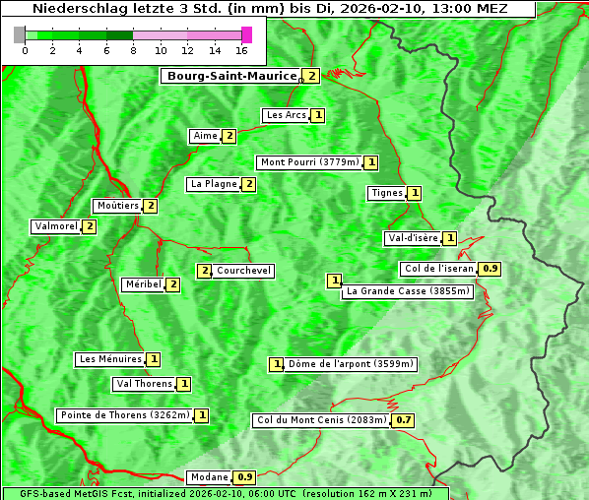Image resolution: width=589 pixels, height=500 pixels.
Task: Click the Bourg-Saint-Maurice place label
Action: [x=231, y=76]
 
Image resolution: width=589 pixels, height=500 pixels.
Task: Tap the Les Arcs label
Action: [x=286, y=115]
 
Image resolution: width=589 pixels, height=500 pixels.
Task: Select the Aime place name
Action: [x=205, y=136]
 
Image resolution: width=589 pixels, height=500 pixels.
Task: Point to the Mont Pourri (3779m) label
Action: [x=309, y=162]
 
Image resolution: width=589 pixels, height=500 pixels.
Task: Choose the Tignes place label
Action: [x=386, y=193]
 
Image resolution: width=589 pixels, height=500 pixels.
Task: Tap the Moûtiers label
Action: [x=117, y=206]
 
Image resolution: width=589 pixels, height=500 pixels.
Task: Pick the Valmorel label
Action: [x=56, y=226]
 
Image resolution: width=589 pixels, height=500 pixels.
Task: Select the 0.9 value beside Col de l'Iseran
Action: [x=491, y=269]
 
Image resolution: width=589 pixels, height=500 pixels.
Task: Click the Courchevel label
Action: [x=244, y=271]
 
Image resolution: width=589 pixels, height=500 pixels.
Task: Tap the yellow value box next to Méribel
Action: [x=173, y=284]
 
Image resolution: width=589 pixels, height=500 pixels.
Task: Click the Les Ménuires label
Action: [x=110, y=359]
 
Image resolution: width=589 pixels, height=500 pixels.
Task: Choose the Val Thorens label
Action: [x=144, y=384]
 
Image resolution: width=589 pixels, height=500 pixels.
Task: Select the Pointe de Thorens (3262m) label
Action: [x=124, y=415]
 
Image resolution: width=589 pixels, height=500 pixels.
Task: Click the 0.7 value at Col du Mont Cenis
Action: [x=403, y=420]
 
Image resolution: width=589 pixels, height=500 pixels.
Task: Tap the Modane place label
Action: [x=209, y=477]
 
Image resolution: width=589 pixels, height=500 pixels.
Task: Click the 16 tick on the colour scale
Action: [x=242, y=50]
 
